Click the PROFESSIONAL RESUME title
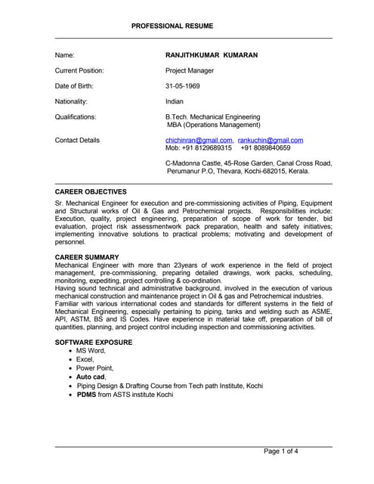[172, 26]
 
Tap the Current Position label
[79, 70]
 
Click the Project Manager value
[190, 70]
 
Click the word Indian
[175, 101]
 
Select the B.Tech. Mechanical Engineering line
[212, 117]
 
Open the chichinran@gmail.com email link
[199, 141]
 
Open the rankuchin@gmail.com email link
[270, 141]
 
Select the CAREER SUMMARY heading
[87, 258]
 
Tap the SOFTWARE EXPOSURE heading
[94, 343]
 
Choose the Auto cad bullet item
[91, 376]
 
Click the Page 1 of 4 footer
[280, 451]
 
